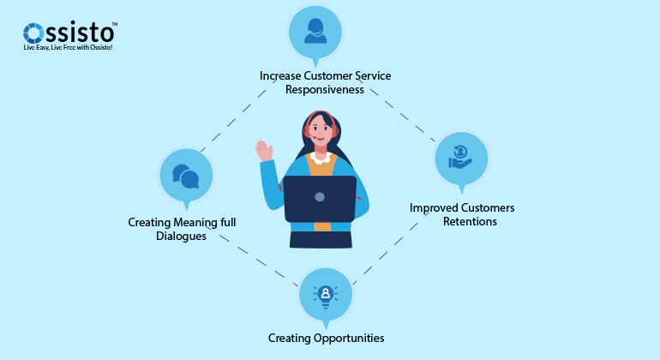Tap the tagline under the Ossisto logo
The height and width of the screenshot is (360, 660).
(x=69, y=49)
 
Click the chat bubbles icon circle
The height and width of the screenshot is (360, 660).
(x=185, y=176)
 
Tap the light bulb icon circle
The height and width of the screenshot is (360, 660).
(x=325, y=295)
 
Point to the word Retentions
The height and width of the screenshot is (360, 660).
(x=470, y=221)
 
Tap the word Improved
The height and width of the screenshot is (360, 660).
(x=433, y=207)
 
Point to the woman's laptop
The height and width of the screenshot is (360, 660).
(x=320, y=200)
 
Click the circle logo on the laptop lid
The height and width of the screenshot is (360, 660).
(x=320, y=197)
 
